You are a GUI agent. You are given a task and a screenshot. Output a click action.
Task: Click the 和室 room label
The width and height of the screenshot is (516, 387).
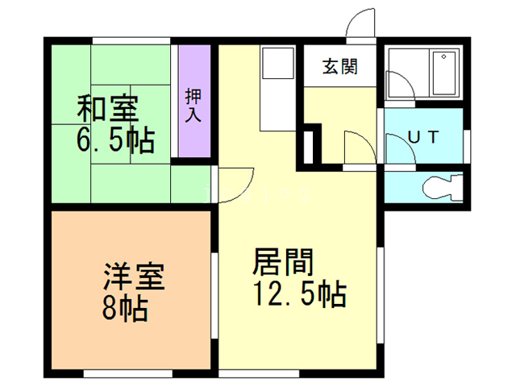click(x=107, y=107)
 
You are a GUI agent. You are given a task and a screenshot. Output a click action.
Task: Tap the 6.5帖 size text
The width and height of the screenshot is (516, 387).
click(x=115, y=141)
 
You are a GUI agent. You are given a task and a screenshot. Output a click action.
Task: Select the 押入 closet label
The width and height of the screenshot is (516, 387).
click(x=193, y=105)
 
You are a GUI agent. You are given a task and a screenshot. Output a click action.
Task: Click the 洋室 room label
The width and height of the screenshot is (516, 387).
click(x=133, y=278)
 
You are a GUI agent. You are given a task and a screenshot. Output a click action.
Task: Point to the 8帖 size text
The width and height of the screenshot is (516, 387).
click(x=125, y=309)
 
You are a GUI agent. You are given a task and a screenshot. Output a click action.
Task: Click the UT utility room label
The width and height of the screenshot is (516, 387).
click(x=422, y=137)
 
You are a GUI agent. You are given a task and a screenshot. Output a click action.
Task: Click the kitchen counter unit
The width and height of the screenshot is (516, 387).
click(x=278, y=89)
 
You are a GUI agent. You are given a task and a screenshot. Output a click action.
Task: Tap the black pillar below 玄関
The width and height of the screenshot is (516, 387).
click(x=310, y=144)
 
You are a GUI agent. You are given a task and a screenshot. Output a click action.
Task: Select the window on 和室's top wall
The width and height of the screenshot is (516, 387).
click(x=130, y=40)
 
